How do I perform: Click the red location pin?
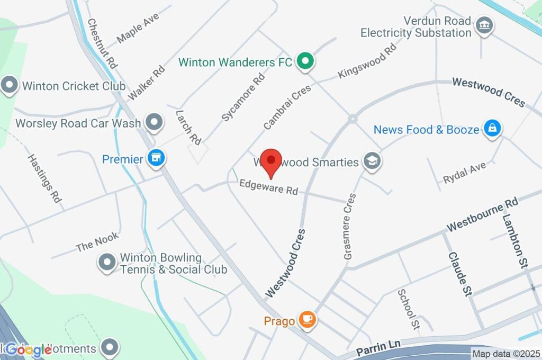click(272, 160)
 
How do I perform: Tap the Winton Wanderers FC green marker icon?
click(305, 62)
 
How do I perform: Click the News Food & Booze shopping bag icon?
click(492, 129)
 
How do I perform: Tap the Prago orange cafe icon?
click(306, 319)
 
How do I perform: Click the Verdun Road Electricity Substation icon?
click(484, 25)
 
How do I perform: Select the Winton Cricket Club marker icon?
click(9, 85)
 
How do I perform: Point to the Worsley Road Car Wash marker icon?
click(153, 122)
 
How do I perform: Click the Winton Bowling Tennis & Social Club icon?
click(107, 262)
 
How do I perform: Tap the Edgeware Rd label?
click(268, 187)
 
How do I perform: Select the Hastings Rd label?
click(45, 172)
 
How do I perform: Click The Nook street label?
click(97, 242)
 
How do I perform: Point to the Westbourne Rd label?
click(482, 214)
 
